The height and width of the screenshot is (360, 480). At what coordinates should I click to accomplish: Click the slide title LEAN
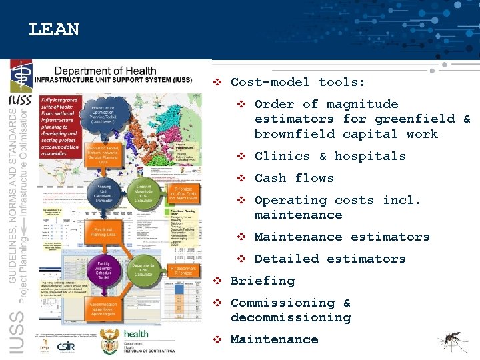pyautogui.click(x=54, y=30)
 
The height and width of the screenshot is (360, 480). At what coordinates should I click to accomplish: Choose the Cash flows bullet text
pyautogui.click(x=294, y=178)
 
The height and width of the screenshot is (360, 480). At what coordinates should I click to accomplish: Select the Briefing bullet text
pyautogui.click(x=262, y=281)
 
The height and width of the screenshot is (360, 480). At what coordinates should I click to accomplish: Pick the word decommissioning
pyautogui.click(x=290, y=317)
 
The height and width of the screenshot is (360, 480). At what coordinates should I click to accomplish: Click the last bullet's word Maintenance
pyautogui.click(x=274, y=339)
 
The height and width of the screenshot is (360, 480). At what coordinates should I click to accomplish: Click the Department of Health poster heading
pyautogui.click(x=105, y=71)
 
